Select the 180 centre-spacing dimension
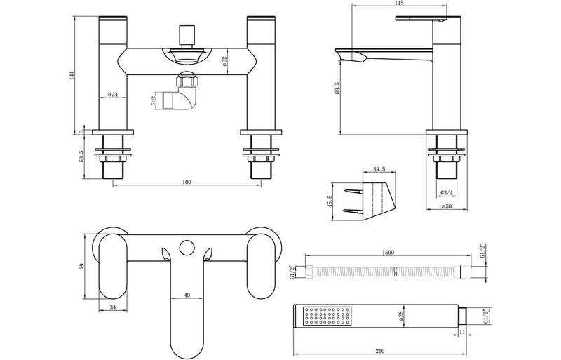187,182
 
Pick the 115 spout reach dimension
400,6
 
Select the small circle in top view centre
187,246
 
